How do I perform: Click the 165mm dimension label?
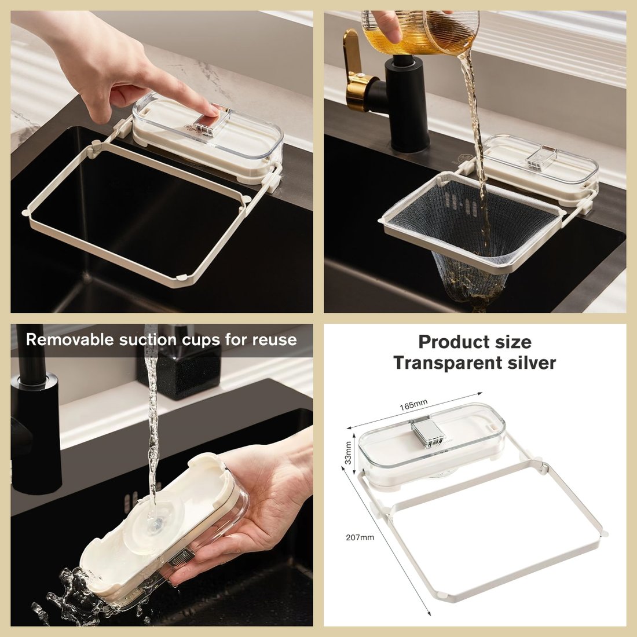413,404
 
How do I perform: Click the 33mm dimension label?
349,453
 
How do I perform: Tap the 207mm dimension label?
360,537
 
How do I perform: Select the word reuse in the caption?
274,339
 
